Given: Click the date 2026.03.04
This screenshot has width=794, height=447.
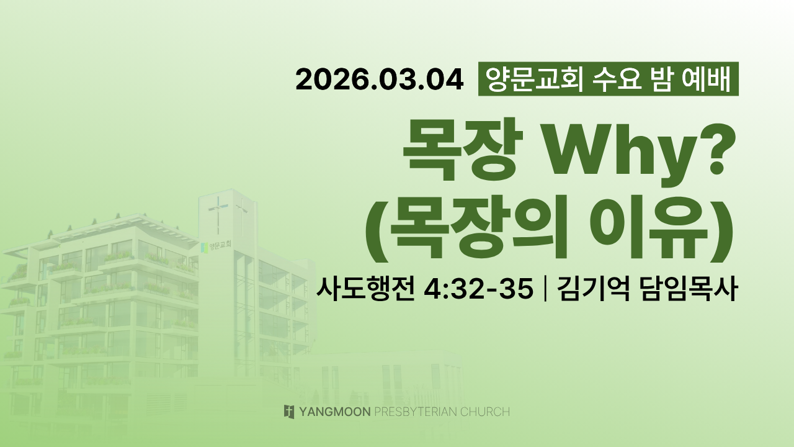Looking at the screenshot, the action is pos(380,80).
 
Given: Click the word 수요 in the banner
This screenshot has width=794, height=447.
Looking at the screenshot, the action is pos(617,79).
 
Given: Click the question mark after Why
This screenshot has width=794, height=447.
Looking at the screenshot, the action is pos(715,149).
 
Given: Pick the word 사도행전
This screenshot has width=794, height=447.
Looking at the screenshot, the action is pos(365,289).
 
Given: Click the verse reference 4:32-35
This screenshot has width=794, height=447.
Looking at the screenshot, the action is pos(478,289).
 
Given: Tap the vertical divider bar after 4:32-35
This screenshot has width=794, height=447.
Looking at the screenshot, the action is pos(545,289).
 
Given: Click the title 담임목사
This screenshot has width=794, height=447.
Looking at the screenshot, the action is pos(689,289).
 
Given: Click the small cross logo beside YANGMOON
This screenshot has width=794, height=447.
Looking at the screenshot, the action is pos(289,412).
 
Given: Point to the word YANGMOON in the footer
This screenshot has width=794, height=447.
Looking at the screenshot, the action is pos(335,412).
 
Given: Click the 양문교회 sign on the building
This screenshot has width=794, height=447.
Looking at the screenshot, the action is pos(216,246).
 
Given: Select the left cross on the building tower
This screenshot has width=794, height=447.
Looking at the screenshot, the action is pos(218,214).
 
